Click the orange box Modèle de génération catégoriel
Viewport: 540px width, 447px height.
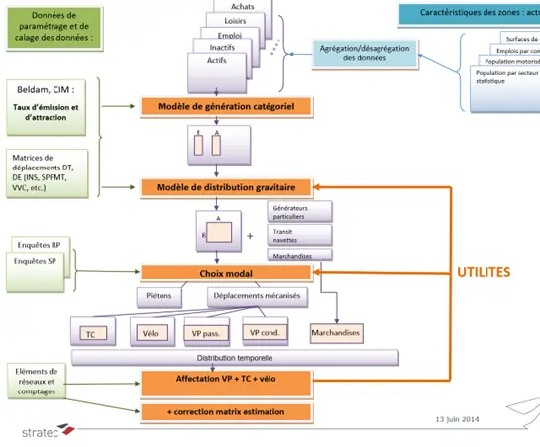[228, 106]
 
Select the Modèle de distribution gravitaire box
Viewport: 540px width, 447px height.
[228, 186]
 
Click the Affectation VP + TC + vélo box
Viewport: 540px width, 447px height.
[228, 380]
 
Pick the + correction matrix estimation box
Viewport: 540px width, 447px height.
[228, 411]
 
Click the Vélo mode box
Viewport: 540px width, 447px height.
[152, 333]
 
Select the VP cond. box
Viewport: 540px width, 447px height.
[269, 333]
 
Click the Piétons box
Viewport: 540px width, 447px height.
[161, 295]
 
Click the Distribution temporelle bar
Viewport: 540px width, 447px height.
[234, 357]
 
